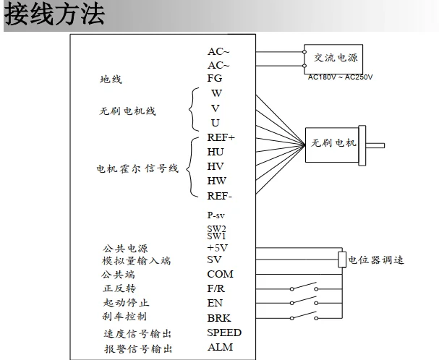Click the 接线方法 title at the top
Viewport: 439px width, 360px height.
pos(54,14)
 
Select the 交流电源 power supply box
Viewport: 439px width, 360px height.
pos(333,59)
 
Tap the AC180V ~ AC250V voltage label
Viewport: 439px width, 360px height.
pos(340,77)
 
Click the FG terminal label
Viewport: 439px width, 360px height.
pos(215,78)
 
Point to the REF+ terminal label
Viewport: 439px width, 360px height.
pos(221,137)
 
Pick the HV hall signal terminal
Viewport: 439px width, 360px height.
pos(216,166)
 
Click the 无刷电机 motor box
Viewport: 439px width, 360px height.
pos(332,145)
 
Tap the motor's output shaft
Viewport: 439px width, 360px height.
pos(375,145)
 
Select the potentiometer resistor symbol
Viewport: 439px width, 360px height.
pos(342,260)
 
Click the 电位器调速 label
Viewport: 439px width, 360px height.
pos(376,260)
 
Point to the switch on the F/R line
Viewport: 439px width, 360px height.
pos(304,287)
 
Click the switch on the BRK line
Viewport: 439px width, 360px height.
pos(304,316)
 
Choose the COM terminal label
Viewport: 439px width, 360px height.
pos(220,274)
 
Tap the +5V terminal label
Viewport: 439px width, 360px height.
pos(217,248)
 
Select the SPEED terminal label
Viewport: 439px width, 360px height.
pos(224,333)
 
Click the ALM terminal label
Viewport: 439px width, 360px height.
pos(221,347)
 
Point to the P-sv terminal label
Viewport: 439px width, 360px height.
pos(216,215)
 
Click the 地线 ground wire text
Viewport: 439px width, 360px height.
pos(111,80)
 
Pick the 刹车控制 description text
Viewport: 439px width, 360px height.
pos(124,317)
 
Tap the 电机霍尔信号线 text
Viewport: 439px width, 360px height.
pos(137,168)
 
